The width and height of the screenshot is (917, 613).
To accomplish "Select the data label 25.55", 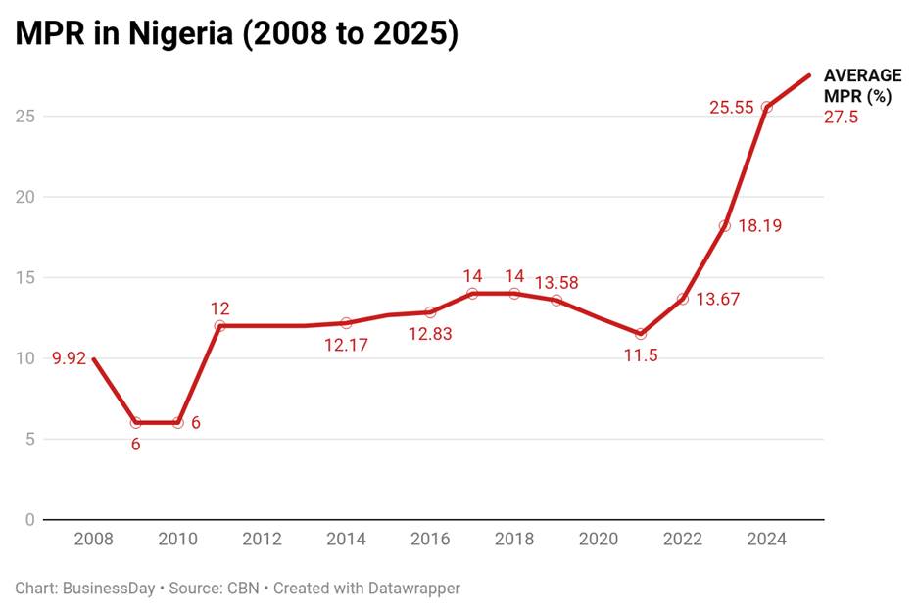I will pyautogui.click(x=731, y=108).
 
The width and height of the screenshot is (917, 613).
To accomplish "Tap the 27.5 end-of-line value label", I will pyautogui.click(x=841, y=118).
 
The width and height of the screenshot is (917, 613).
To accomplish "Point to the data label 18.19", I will pyautogui.click(x=759, y=226).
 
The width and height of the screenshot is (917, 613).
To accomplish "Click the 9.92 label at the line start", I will pyautogui.click(x=69, y=358).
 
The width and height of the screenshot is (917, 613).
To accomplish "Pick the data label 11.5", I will pyautogui.click(x=640, y=355).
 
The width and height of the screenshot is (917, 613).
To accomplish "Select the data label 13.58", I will pyautogui.click(x=556, y=283).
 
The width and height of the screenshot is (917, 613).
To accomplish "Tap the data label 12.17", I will pyautogui.click(x=346, y=345).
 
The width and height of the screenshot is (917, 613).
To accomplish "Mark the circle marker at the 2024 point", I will pyautogui.click(x=766, y=107).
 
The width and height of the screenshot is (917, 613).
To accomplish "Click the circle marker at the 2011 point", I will pyautogui.click(x=219, y=325).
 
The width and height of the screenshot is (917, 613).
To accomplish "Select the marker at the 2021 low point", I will pyautogui.click(x=641, y=334).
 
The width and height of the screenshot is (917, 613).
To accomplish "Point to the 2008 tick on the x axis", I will pyautogui.click(x=94, y=540).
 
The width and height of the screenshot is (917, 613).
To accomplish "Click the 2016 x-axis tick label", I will pyautogui.click(x=430, y=540).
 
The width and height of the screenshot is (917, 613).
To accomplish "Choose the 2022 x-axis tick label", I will pyautogui.click(x=682, y=540).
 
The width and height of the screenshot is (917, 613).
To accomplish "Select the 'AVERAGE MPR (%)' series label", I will pyautogui.click(x=862, y=86).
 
